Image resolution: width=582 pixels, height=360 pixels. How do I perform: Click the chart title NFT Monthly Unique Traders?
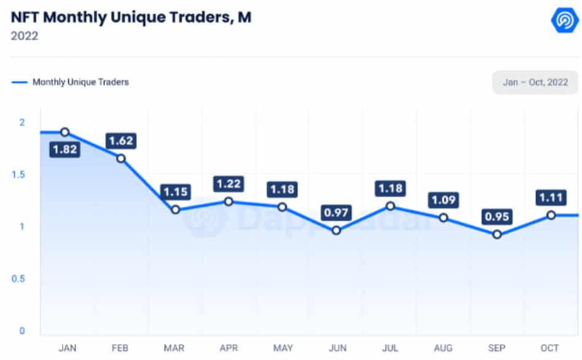131,17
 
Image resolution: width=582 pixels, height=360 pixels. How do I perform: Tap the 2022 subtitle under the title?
25,36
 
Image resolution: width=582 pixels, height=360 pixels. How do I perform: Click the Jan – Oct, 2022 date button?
535,82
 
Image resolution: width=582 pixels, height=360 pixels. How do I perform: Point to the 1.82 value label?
64,149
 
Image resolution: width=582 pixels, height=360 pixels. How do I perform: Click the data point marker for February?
121,158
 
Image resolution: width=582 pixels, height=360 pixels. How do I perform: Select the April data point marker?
228,202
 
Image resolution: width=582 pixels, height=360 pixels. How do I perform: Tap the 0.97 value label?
336,213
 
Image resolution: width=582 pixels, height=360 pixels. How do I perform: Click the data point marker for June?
336,230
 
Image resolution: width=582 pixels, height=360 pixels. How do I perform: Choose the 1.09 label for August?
444,200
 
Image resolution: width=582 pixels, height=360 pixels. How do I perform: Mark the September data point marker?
497,235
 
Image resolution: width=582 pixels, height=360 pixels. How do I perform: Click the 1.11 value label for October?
551,197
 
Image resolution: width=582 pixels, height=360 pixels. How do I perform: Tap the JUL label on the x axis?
390,348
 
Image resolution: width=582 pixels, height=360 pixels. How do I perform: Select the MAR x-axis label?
175,348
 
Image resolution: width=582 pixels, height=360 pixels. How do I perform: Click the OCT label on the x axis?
550,348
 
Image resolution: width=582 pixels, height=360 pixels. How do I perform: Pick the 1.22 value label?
228,184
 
